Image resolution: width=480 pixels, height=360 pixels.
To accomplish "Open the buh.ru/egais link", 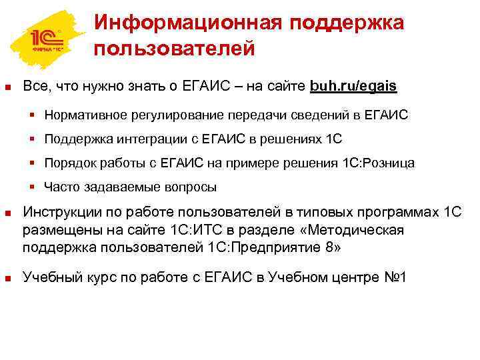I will (353, 87).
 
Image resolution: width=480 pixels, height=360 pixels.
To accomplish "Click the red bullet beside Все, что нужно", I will (7, 87).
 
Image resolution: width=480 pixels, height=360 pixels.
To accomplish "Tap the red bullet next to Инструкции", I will (7, 214).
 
